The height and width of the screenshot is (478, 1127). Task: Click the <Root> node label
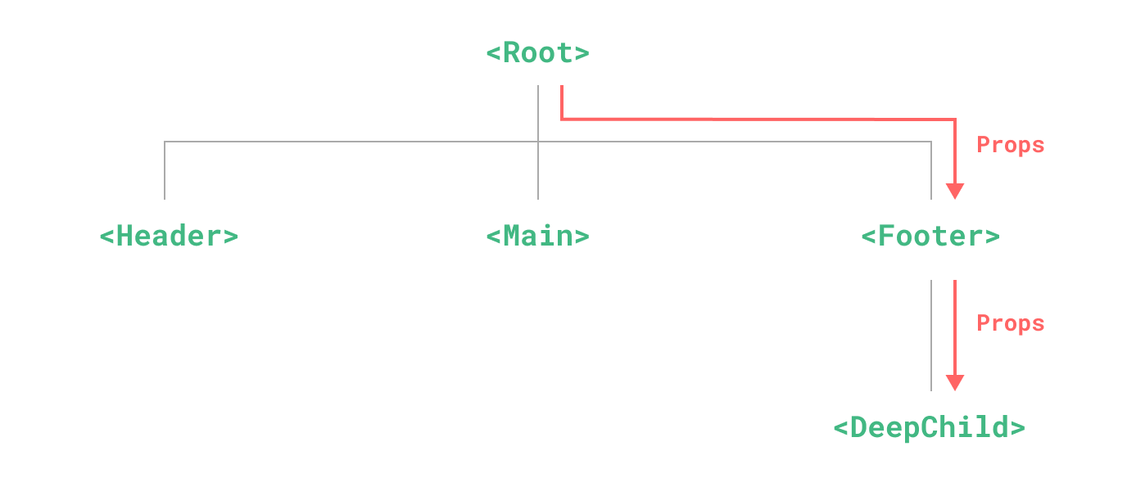point(537,53)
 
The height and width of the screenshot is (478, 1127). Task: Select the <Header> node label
point(169,237)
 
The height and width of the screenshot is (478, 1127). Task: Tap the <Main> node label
point(537,237)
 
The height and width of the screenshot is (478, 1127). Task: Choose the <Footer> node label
point(930,237)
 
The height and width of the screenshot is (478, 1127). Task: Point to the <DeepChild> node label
point(929,428)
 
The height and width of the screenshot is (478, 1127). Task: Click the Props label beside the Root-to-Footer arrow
point(1011,146)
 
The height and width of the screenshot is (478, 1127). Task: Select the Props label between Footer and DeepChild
point(1011,324)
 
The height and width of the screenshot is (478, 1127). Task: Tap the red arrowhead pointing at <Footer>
point(954,192)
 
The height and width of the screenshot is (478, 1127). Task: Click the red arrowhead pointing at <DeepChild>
point(954,383)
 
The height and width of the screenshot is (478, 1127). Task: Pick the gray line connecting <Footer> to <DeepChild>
point(931,336)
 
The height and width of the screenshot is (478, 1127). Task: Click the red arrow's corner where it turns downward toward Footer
point(954,120)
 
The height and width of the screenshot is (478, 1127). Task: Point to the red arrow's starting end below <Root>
point(561,88)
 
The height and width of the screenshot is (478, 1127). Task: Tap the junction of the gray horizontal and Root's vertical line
point(538,142)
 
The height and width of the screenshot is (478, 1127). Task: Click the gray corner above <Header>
point(165,142)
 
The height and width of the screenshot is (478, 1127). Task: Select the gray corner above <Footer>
point(931,142)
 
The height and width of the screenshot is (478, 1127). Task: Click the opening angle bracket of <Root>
point(493,54)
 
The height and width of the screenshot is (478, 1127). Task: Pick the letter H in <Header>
point(125,237)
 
